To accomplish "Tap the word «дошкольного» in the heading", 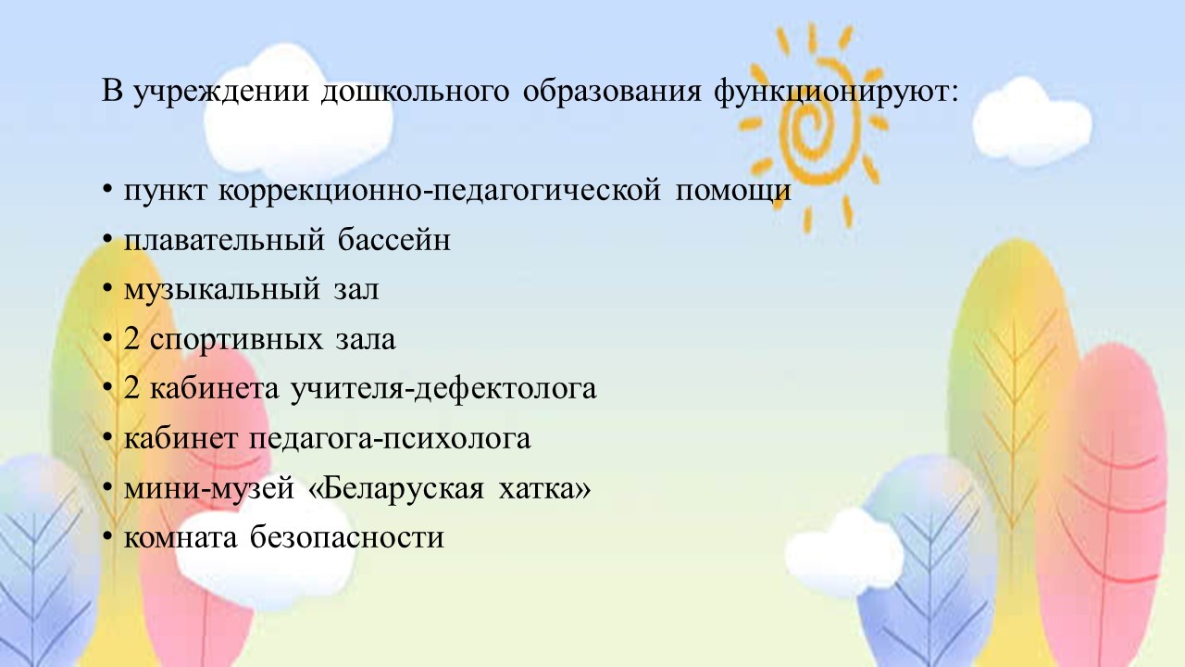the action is point(415,92).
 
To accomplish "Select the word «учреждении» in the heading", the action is point(220,92).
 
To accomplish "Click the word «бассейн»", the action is point(394,240).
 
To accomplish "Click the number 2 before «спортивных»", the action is point(131,339).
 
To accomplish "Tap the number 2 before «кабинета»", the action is point(131,388).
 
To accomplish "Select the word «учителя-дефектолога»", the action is point(443,389).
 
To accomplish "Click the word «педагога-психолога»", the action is point(390,439).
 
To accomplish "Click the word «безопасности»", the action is point(347,536).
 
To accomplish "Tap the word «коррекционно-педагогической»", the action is point(440,191).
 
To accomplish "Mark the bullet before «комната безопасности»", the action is point(107,537).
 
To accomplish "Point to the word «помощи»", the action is point(733,191).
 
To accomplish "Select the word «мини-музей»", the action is point(209,488).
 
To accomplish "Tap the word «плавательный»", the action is point(224,240).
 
